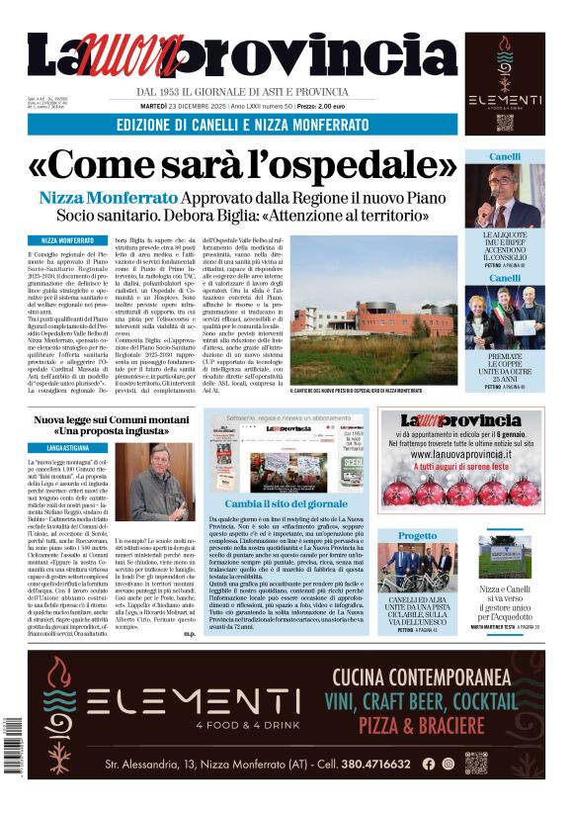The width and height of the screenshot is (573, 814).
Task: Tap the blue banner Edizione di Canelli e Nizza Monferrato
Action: point(242,126)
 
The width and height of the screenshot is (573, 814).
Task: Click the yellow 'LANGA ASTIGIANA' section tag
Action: point(68,448)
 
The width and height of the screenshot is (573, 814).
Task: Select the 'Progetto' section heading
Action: point(417,536)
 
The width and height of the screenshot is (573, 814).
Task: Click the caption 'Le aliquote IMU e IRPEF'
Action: point(505,239)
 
